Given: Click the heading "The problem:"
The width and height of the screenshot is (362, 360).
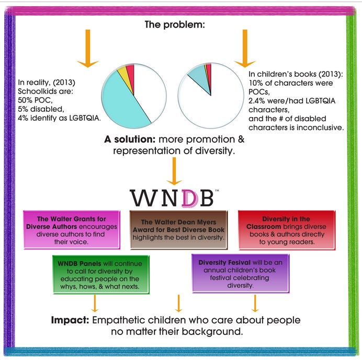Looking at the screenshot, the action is (x=180, y=25).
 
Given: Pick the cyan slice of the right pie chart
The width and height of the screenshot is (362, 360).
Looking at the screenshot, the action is (x=198, y=78).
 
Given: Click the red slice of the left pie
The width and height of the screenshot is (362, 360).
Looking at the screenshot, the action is (x=130, y=71).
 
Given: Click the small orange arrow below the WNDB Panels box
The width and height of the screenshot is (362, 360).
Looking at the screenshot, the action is (x=95, y=303).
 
